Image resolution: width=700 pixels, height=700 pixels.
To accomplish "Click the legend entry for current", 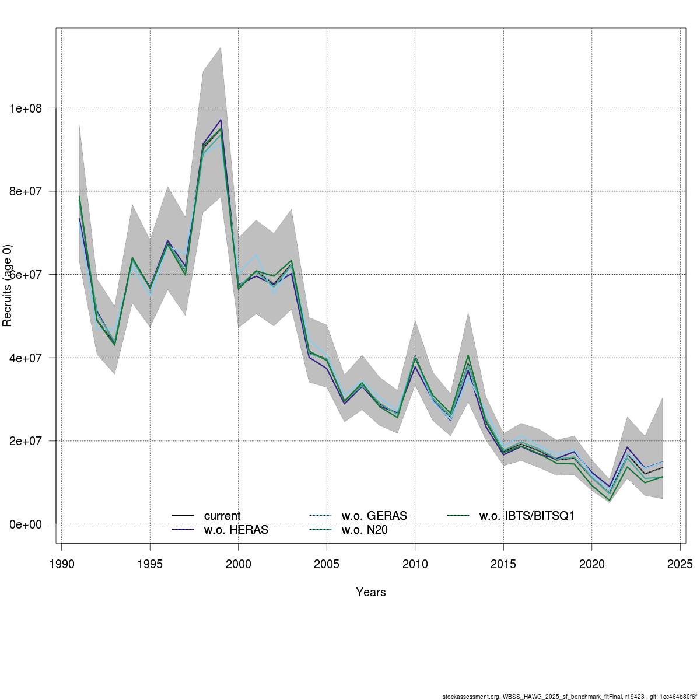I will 222,516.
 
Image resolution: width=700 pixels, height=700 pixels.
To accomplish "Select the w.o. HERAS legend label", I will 236,530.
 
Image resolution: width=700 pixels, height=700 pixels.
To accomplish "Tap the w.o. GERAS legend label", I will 374,516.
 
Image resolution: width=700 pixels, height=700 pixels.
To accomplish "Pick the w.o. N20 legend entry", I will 365,530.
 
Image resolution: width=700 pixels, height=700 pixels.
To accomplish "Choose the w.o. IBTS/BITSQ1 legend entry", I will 527,516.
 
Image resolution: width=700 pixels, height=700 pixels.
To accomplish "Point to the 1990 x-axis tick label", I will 62,564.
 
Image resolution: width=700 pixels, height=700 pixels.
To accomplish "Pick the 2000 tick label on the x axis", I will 239,564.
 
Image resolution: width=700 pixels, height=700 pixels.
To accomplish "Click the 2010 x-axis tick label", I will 415,564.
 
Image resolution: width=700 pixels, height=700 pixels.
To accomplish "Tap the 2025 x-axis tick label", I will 680,564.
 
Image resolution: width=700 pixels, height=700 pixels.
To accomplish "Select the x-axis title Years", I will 371,592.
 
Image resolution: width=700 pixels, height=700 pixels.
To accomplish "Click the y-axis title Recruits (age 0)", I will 8,286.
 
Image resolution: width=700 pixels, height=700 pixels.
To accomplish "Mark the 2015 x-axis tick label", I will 503,564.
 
